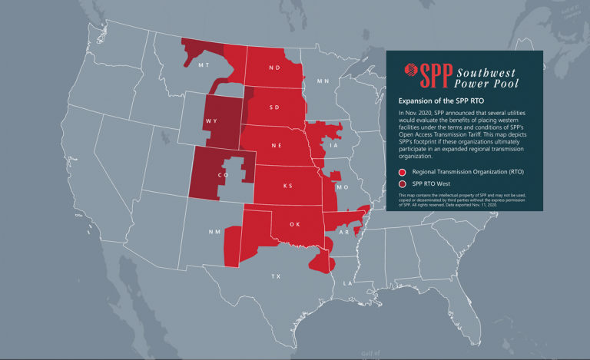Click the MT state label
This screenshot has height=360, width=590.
click(x=204, y=66)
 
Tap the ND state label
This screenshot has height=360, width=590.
click(x=274, y=68)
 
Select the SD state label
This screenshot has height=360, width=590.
click(x=274, y=107)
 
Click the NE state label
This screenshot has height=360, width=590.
click(x=276, y=145)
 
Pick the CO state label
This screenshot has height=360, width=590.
click(x=224, y=175)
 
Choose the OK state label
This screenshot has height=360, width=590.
click(x=294, y=225)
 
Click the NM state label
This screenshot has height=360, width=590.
click(x=214, y=232)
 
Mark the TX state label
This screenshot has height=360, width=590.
click(x=277, y=276)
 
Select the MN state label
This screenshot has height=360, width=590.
click(x=323, y=81)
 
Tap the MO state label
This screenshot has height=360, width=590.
click(x=343, y=187)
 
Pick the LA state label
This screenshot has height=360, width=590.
click(x=346, y=283)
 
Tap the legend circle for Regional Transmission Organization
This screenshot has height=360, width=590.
click(x=403, y=172)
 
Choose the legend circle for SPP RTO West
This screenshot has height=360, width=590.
click(x=403, y=184)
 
